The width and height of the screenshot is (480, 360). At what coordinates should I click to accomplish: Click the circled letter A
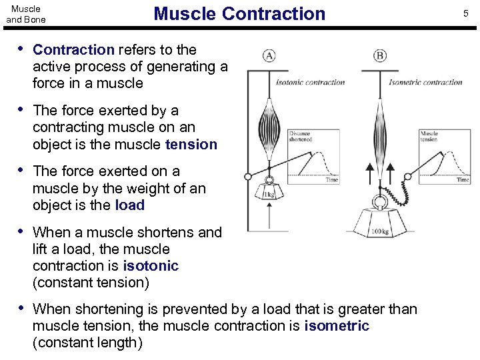pos(269,56)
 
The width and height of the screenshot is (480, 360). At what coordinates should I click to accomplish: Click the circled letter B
pos(380,56)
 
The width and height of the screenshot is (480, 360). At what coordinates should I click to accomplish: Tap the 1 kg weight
pos(269,195)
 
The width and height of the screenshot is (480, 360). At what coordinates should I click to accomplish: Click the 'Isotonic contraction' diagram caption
pos(311,83)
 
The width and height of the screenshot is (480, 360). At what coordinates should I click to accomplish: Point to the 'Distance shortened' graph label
pos(301,137)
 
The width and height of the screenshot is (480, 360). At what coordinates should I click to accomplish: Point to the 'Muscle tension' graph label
pos(429,137)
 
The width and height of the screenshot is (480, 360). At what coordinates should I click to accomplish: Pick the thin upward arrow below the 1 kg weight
pos(269,217)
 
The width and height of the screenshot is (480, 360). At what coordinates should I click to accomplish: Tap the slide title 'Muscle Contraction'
pos(239,13)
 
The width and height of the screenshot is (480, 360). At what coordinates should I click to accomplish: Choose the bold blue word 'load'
pos(129,205)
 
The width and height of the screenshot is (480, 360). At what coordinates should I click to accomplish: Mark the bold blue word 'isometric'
pos(337,326)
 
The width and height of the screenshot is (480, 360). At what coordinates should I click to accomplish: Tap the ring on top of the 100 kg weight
pos(380,202)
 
